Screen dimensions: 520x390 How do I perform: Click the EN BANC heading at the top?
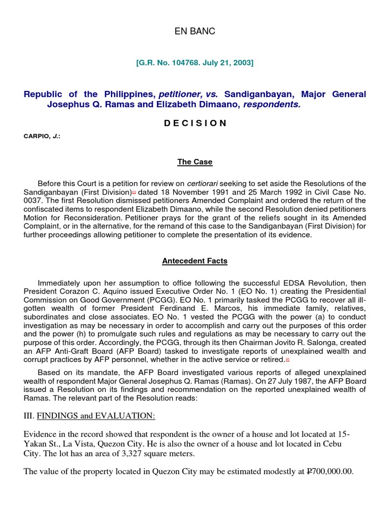(x=195, y=31)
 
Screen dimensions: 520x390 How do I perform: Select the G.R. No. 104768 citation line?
(x=195, y=63)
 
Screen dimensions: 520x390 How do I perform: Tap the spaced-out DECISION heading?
(x=195, y=123)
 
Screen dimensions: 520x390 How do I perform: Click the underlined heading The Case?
(x=195, y=162)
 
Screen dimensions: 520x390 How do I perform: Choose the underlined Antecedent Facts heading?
(x=195, y=261)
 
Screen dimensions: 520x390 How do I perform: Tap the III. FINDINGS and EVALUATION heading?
(x=89, y=415)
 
